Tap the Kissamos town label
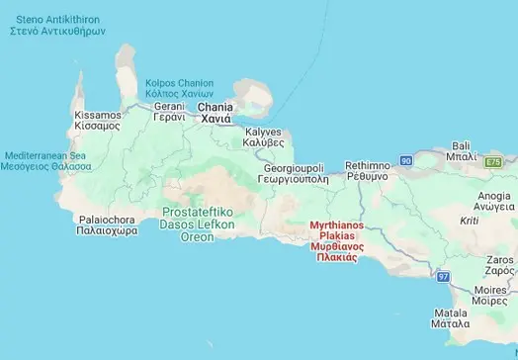pyautogui.click(x=97, y=121)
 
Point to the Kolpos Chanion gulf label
pyautogui.click(x=179, y=86)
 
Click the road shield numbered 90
pyautogui.click(x=405, y=159)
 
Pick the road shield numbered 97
pyautogui.click(x=442, y=275)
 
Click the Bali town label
pyautogui.click(x=461, y=149)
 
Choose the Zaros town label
pyautogui.click(x=500, y=263)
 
